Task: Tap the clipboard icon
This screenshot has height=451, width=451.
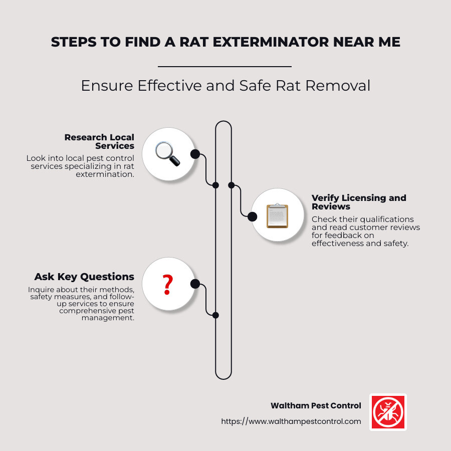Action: click(277, 216)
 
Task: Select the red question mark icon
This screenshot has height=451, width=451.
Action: click(168, 284)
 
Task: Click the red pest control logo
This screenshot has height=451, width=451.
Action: click(388, 412)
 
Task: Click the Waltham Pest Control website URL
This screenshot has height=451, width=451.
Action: click(291, 421)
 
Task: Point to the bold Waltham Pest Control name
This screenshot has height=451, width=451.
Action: click(316, 405)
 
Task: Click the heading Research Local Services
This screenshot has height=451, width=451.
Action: click(100, 141)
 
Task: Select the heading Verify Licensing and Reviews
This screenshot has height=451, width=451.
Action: click(358, 202)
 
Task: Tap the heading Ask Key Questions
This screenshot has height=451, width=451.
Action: click(84, 277)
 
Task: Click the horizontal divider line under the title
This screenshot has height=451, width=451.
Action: click(224, 66)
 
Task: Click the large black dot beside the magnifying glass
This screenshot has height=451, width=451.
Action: click(195, 154)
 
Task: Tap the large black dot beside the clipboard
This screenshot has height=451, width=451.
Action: click(252, 216)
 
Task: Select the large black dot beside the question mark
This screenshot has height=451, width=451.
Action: click(195, 284)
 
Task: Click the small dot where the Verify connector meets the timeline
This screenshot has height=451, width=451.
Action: click(232, 185)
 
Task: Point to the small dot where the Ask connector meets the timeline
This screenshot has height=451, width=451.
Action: click(215, 315)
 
